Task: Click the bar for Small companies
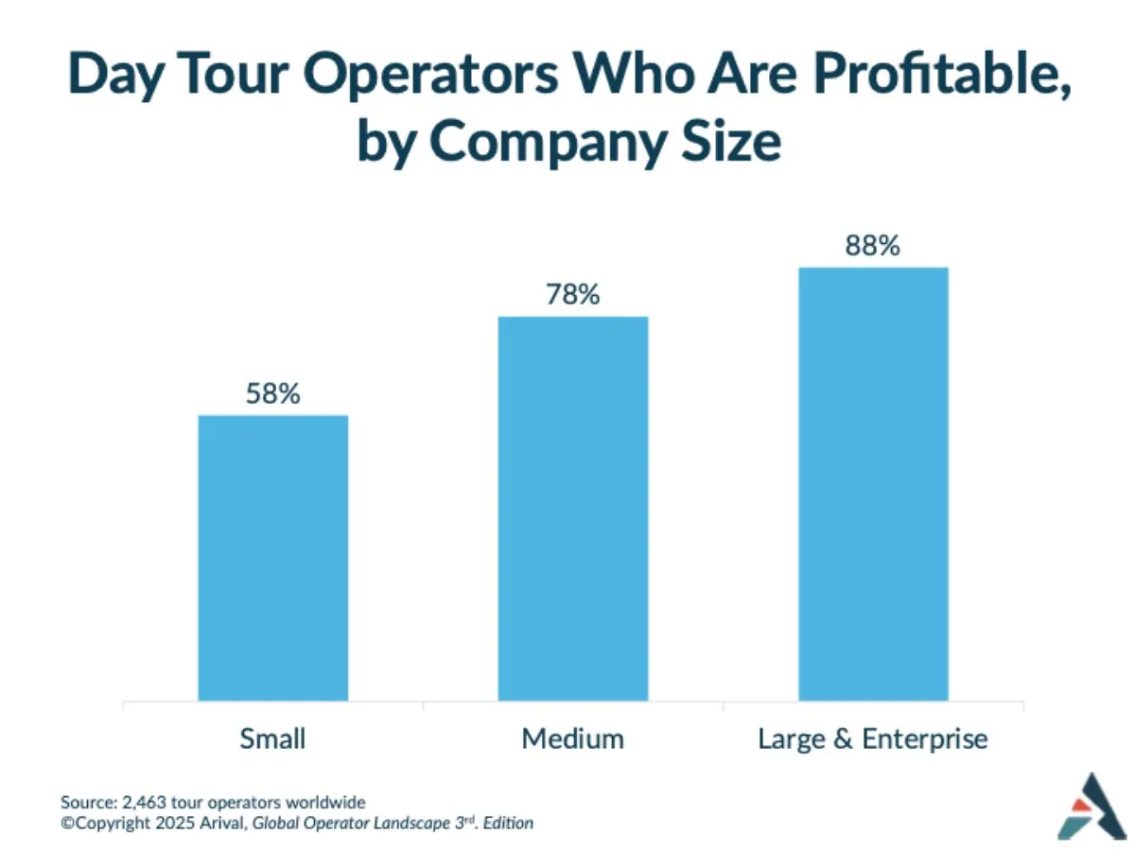coord(272,558)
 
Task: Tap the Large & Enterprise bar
coord(873,484)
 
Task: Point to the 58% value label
coord(272,393)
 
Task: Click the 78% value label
coord(572,295)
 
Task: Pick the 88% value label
coord(873,246)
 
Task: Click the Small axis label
coord(272,738)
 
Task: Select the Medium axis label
coord(572,738)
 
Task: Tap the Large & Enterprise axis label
coord(873,738)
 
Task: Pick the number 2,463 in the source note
coord(139,802)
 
